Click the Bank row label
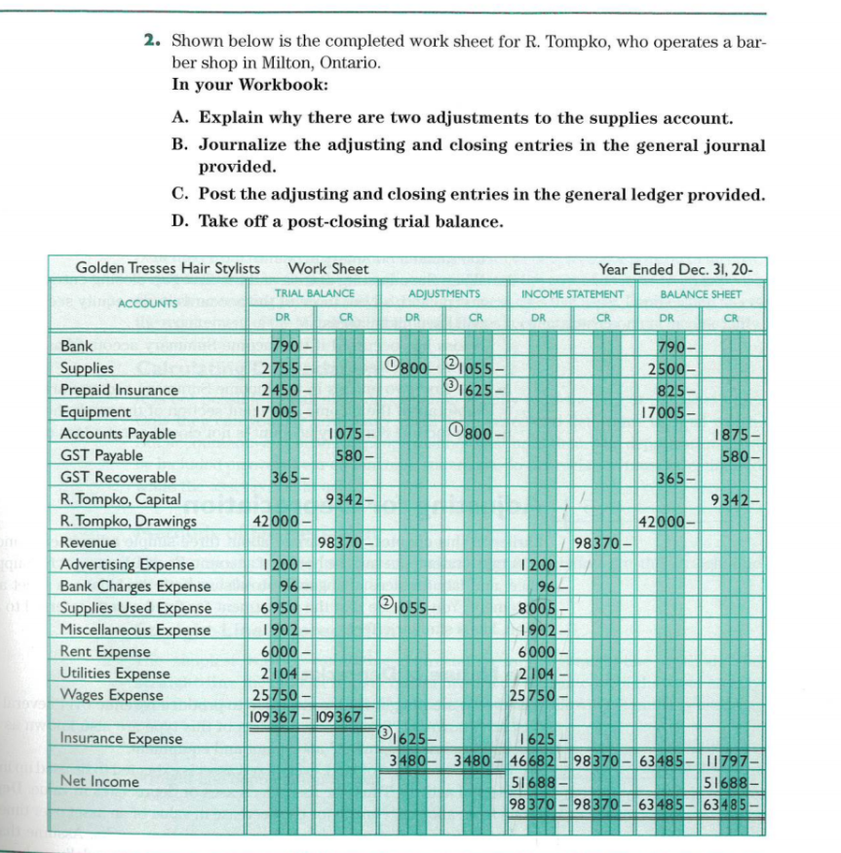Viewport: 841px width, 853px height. click(x=77, y=346)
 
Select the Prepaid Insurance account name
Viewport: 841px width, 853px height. click(x=119, y=390)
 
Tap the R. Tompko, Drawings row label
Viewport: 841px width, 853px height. click(x=128, y=521)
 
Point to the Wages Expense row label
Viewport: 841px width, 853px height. click(x=111, y=695)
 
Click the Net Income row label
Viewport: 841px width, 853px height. click(x=99, y=782)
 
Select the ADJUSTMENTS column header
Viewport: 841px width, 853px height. click(x=443, y=293)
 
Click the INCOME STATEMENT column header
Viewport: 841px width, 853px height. click(x=572, y=293)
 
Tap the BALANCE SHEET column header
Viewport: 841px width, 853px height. click(x=700, y=293)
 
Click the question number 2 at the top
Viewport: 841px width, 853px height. click(x=152, y=42)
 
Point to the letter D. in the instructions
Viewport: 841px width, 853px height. click(x=179, y=220)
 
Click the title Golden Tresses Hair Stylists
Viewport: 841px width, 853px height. click(x=168, y=268)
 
